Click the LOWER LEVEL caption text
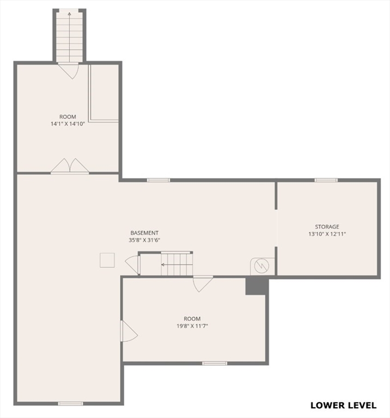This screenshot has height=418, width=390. [x=343, y=405]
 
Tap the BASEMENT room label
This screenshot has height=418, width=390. [x=144, y=233]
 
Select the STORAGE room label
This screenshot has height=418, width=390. [x=327, y=226]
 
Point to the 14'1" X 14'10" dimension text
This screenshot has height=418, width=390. [x=68, y=124]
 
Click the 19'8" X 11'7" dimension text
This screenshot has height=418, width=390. [x=192, y=326]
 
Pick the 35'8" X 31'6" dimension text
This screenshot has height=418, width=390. [x=144, y=240]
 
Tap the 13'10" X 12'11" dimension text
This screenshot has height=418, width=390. [x=327, y=233]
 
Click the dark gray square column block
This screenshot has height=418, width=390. [x=255, y=286]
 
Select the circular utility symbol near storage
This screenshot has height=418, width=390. [x=262, y=266]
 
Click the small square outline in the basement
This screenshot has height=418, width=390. [x=107, y=260]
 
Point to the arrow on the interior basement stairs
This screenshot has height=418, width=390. [x=163, y=265]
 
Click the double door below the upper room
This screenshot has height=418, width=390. [x=70, y=166]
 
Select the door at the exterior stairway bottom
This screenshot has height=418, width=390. [x=69, y=71]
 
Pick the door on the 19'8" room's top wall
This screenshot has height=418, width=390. [x=203, y=283]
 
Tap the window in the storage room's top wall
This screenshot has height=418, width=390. [x=326, y=180]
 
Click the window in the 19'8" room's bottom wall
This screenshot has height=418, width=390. [x=215, y=362]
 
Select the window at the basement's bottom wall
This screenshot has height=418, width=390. [x=70, y=403]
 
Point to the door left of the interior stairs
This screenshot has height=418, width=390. [x=133, y=265]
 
